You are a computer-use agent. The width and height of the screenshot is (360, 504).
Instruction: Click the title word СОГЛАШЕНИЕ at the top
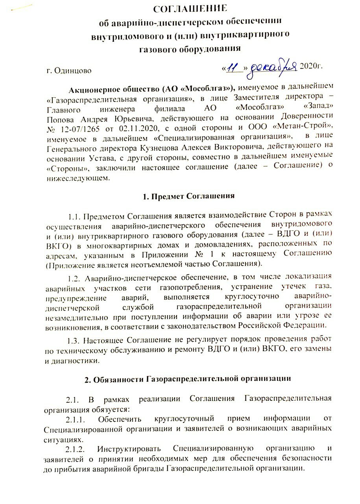190,9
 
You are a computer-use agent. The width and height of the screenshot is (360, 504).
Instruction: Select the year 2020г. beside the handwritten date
311,66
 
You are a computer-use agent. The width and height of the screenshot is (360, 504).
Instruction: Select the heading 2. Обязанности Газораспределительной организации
188,379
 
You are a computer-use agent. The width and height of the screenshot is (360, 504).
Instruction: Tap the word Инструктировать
130,448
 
